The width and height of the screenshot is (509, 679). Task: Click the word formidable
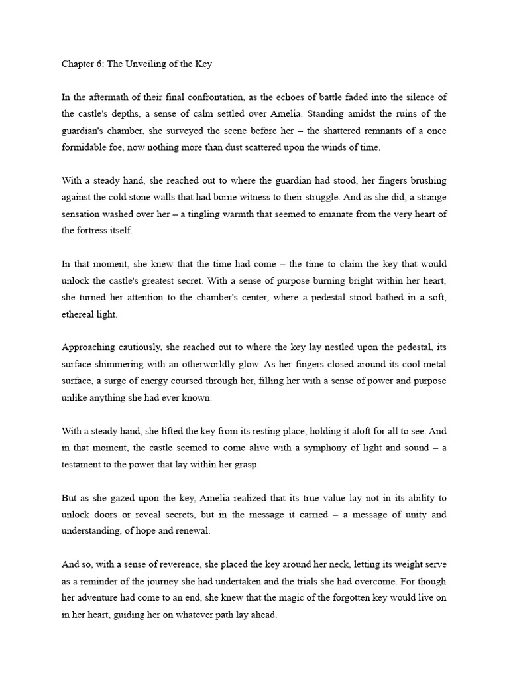coord(87,148)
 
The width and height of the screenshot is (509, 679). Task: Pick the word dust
coord(250,148)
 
